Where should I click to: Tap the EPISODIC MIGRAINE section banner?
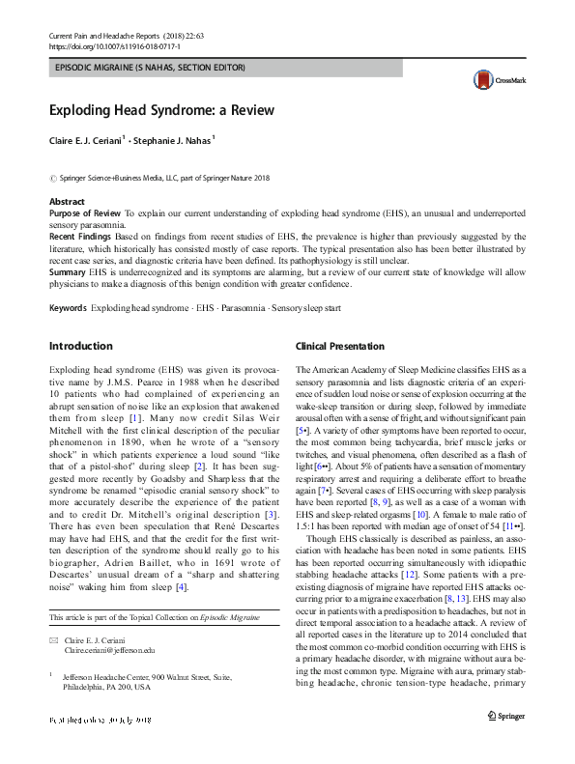tap(151, 68)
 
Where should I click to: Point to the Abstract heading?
tap(67, 201)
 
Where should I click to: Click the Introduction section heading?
tap(80, 346)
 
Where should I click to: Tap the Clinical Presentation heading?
tap(339, 346)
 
